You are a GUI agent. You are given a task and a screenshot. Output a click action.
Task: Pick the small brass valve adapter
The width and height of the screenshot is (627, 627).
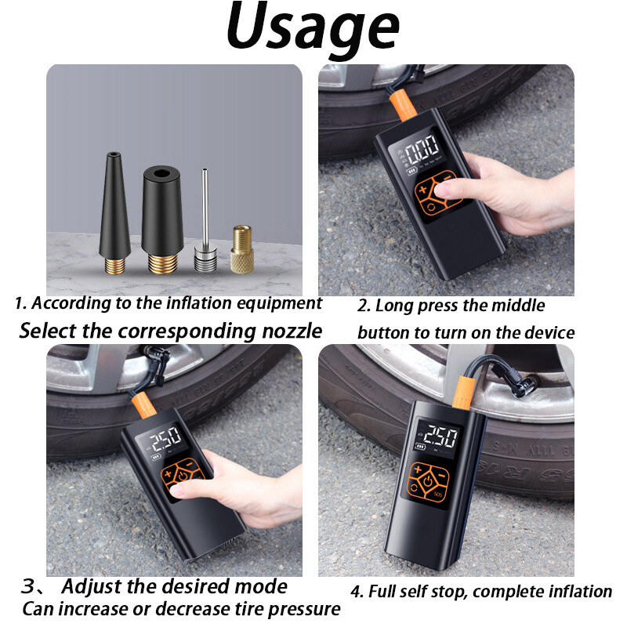pos(242,248)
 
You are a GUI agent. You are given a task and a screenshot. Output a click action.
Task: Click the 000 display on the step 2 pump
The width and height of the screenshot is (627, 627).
pos(422,149)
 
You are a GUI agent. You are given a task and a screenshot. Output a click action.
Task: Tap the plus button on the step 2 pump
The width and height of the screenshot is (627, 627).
pos(422,189)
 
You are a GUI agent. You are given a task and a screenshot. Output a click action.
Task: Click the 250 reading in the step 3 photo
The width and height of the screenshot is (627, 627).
pos(166,437)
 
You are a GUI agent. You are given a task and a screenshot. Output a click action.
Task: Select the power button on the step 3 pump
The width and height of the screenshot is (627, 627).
pos(183,476)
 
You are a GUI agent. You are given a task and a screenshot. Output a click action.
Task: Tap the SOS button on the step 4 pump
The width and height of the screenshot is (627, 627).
pos(438,494)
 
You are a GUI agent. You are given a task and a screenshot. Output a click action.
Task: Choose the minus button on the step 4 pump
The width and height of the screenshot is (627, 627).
pos(441,476)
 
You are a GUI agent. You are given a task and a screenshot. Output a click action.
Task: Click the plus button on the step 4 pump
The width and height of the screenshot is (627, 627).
pos(417,469)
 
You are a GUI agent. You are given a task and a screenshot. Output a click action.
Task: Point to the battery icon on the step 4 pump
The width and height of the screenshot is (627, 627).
pos(420,446)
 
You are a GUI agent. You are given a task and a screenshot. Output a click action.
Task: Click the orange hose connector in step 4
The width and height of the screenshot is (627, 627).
pos(463,393)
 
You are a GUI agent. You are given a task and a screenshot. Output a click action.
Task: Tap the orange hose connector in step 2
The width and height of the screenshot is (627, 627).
pos(403,104)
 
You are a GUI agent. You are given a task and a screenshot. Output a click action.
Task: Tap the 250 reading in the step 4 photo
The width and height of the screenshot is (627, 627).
pos(440,437)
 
